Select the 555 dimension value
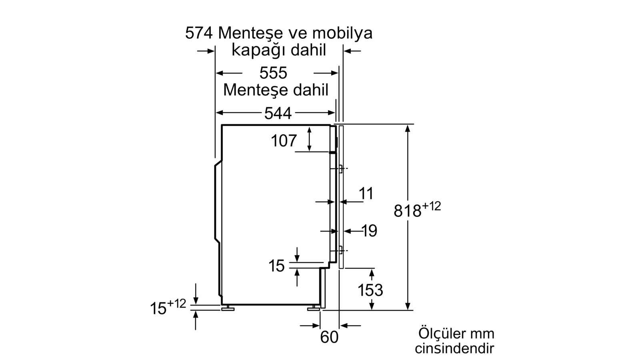[273, 73]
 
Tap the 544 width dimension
[278, 114]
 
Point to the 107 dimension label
[284, 141]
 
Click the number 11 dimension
[366, 194]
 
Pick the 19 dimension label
[369, 231]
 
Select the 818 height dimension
[408, 211]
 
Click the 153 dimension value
[370, 290]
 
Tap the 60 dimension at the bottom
[329, 337]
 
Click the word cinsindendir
[454, 349]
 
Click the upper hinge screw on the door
[340, 168]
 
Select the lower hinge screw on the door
[340, 251]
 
